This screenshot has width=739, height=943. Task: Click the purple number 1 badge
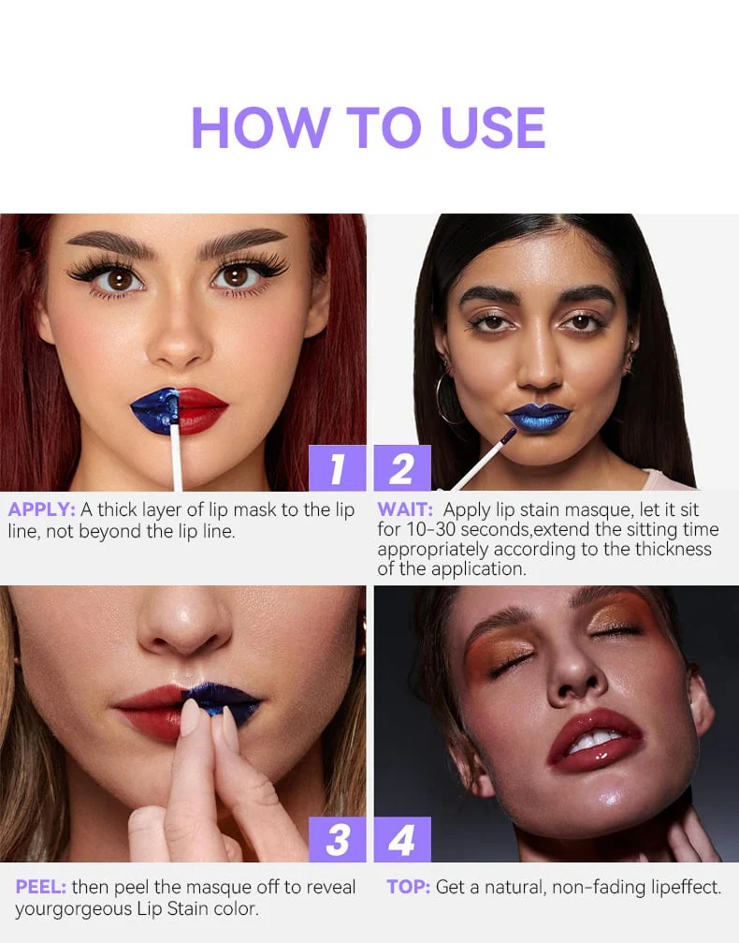tap(337, 468)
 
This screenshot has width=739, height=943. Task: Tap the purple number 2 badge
tap(402, 468)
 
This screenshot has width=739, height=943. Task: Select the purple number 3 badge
tap(337, 840)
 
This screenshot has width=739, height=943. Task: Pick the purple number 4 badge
tap(402, 840)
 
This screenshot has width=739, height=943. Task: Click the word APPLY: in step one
tap(41, 510)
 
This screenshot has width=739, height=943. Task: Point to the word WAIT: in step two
tap(405, 510)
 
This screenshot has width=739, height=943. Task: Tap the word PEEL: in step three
tap(40, 887)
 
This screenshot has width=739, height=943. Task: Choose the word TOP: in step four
tap(408, 887)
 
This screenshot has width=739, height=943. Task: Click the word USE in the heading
tap(493, 127)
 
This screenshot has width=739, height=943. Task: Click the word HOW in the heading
tap(260, 127)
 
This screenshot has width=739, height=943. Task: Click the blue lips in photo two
tap(539, 417)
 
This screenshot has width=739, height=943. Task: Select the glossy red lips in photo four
tap(594, 741)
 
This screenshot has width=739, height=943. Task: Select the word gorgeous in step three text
tap(97, 908)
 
